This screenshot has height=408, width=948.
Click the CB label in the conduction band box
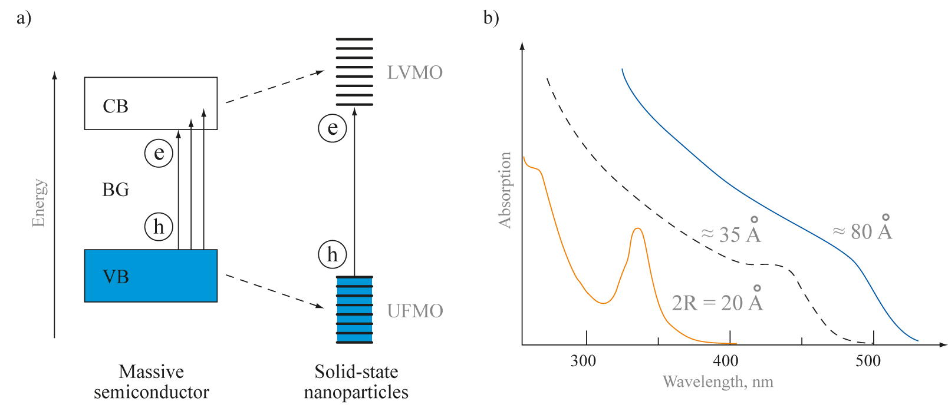[116, 106]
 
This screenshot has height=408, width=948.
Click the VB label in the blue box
[116, 276]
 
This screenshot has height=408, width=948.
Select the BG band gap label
[116, 190]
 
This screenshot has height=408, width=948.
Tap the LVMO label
[414, 72]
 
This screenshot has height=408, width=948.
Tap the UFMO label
[414, 311]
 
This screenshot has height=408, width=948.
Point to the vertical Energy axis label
[39, 203]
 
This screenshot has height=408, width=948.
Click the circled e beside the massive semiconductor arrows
[159, 153]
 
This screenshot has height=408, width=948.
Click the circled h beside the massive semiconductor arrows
[159, 227]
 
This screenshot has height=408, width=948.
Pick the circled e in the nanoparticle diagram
[333, 128]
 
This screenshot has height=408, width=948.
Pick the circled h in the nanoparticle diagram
[333, 254]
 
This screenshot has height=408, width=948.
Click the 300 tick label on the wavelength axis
[583, 361]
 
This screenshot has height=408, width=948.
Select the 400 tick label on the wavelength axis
[725, 361]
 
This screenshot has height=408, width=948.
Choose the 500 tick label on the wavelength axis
[868, 361]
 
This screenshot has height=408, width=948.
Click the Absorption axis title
[505, 190]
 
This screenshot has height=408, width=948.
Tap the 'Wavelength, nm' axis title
[717, 382]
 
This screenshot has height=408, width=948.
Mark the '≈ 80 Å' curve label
[862, 230]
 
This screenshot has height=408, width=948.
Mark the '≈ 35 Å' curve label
[731, 233]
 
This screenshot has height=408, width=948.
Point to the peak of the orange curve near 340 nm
[637, 228]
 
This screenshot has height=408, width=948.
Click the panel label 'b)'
[491, 18]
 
